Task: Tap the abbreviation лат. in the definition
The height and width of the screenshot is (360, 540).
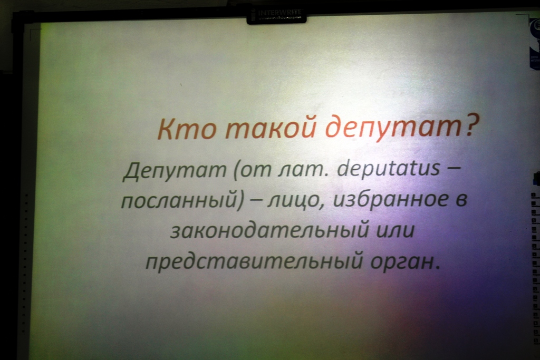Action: click(299, 171)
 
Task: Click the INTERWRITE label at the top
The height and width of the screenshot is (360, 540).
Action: click(279, 13)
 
